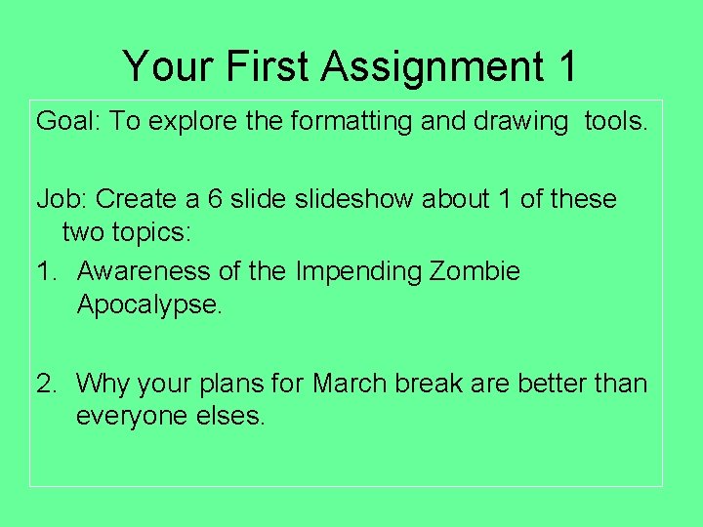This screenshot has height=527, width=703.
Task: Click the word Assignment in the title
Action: click(x=432, y=67)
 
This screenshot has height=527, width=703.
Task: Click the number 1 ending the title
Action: click(x=566, y=67)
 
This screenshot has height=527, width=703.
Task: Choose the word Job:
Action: click(x=62, y=199)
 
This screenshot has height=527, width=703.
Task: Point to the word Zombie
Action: click(x=475, y=270)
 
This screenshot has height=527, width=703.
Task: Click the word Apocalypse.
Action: click(x=149, y=304)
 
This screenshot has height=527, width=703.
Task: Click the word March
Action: click(x=351, y=383)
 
